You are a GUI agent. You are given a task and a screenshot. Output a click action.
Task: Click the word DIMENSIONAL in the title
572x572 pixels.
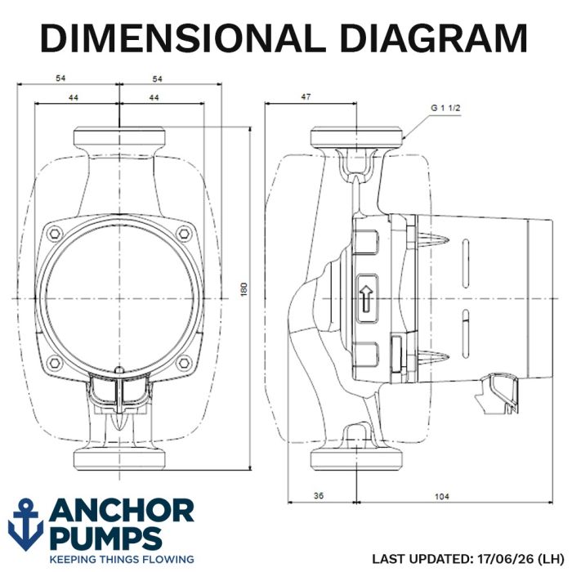pyautogui.click(x=184, y=38)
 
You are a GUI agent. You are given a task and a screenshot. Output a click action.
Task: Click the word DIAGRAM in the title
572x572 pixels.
pyautogui.click(x=434, y=38)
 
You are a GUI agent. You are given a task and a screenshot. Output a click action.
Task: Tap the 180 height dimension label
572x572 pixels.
pyautogui.click(x=244, y=289)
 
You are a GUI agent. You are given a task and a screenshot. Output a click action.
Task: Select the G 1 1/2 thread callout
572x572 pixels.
pyautogui.click(x=445, y=108)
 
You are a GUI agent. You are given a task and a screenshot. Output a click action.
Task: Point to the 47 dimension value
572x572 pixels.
pyautogui.click(x=306, y=96)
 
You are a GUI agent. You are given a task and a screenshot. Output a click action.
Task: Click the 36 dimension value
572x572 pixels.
pyautogui.click(x=319, y=495)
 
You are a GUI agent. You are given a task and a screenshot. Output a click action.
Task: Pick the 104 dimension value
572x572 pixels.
pyautogui.click(x=442, y=496)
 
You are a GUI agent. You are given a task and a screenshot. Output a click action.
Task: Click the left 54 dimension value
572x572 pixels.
pyautogui.click(x=60, y=78)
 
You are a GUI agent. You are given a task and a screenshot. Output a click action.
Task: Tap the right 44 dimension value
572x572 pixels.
pyautogui.click(x=154, y=98)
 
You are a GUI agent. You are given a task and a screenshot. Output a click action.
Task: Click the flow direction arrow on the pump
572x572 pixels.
pyautogui.click(x=366, y=298)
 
